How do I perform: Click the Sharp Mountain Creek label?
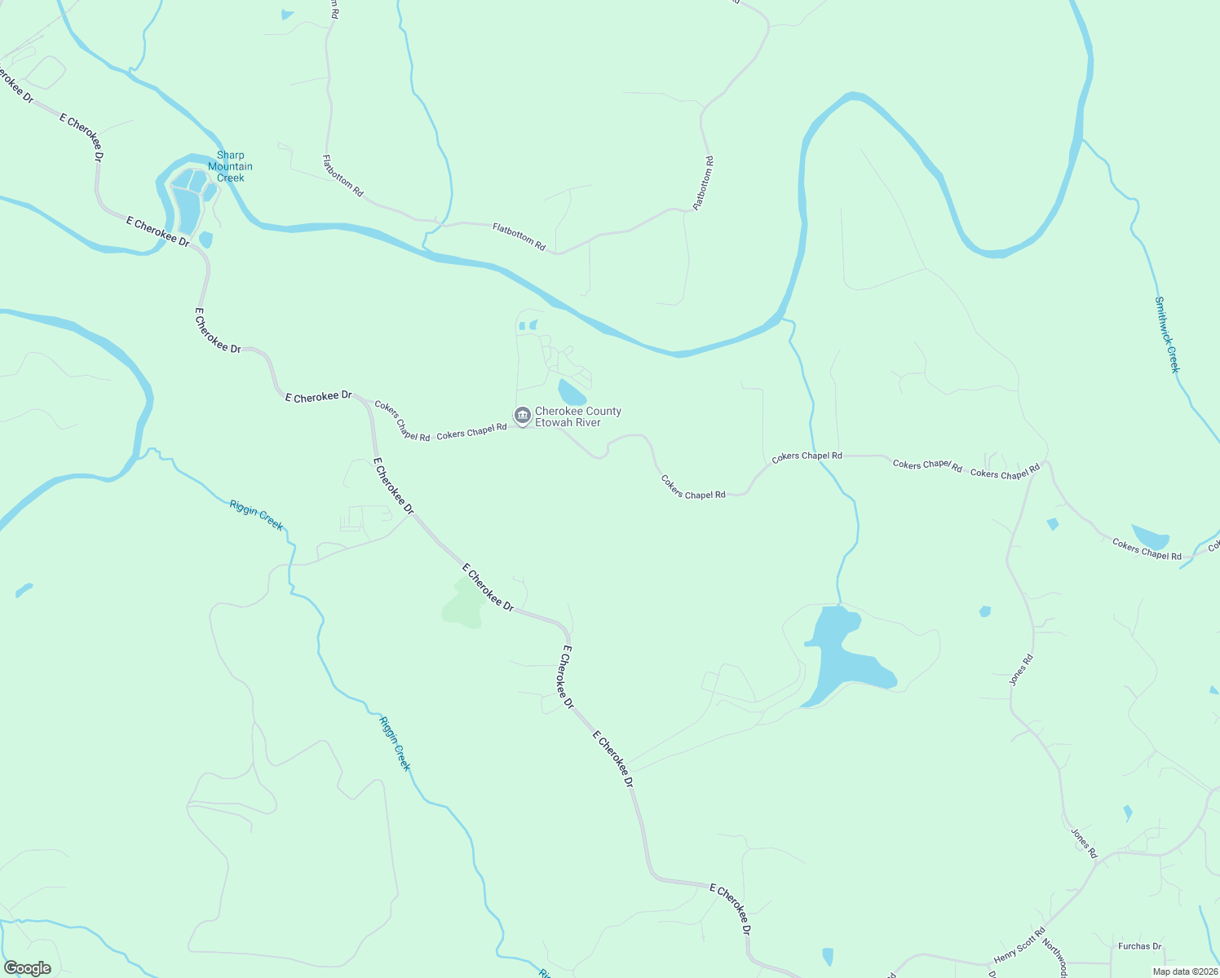230,166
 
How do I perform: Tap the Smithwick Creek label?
1167,334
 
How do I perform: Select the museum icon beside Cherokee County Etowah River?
523,416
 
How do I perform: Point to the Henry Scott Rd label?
1019,946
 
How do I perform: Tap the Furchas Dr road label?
1139,946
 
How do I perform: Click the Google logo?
27,968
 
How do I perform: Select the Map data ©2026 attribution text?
1184,971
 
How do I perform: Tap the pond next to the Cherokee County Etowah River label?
571,392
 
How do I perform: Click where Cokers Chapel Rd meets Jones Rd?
1047,463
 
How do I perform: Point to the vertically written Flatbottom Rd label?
704,183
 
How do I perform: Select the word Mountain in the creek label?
230,166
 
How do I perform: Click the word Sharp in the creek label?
230,155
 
